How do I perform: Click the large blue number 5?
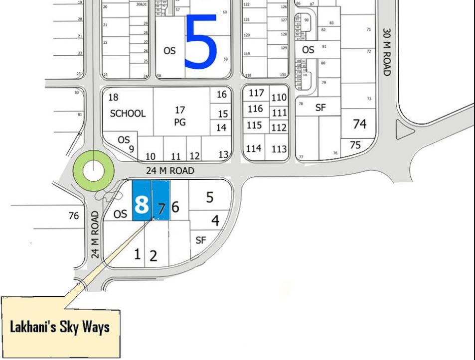pos(201,42)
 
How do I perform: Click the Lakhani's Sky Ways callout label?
pos(60,327)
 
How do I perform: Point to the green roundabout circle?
pos(93,170)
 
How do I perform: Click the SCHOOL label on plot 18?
pos(128,113)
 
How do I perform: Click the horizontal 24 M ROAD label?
pos(169,171)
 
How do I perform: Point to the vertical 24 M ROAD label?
pos(96,234)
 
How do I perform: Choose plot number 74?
pos(359,123)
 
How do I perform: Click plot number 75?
pos(355,145)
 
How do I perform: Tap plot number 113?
pos(279,148)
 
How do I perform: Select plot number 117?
pos(256,93)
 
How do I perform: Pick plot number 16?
pos(222,94)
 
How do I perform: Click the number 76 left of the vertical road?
pos(74,216)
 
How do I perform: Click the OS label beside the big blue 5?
pos(169,51)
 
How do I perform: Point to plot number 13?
pos(223,154)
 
